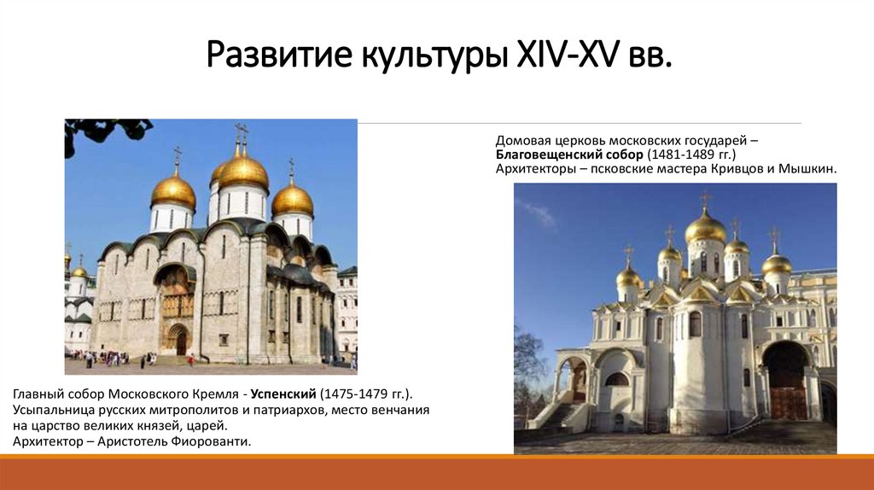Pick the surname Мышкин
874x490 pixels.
click(807, 169)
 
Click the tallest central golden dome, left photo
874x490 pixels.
click(242, 172)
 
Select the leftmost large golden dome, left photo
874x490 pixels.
click(173, 191)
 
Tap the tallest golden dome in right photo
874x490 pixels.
click(706, 227)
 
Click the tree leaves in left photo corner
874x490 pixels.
click(102, 130)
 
